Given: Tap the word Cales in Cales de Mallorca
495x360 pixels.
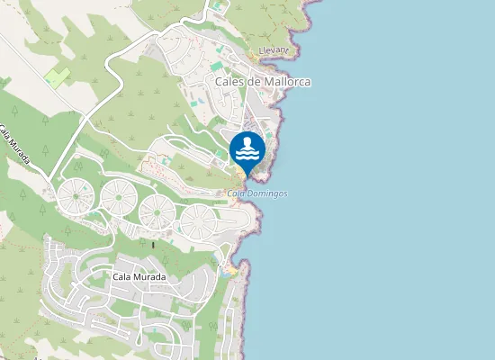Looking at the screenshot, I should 231,81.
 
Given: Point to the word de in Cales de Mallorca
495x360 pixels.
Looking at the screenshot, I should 257,81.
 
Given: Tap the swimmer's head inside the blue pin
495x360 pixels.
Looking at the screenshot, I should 247,142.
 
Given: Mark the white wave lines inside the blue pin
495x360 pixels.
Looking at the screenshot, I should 247,156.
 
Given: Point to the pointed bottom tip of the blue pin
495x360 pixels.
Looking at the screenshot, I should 247,175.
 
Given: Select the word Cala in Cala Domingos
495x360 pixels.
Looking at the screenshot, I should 237,193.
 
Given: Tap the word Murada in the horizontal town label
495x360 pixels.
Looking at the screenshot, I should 150,276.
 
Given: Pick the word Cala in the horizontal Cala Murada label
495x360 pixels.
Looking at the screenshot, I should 123,276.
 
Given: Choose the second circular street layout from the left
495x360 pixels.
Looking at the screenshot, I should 116,195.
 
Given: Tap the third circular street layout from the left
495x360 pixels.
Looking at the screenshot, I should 157,211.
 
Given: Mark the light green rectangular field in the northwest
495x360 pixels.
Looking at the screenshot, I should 57,77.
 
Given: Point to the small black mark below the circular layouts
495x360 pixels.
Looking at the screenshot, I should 153,244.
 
